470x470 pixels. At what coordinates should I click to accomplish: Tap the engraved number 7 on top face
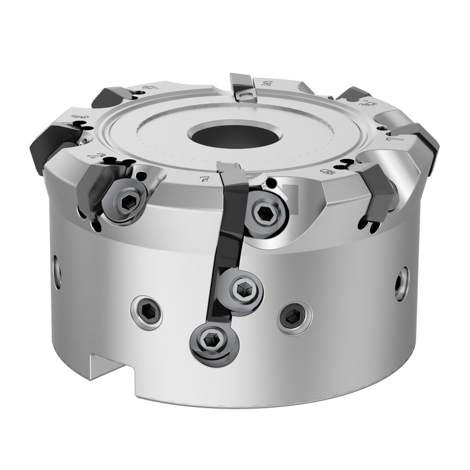click(202, 177)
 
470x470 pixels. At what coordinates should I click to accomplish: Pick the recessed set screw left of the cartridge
click(147, 311)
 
